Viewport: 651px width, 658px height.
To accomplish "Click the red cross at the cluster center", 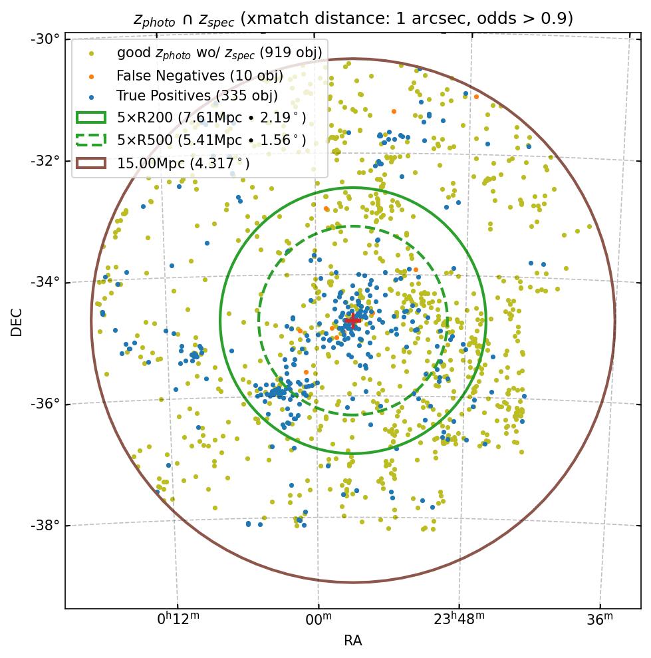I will pyautogui.click(x=352, y=321).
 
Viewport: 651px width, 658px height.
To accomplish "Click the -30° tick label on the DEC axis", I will pyautogui.click(x=45, y=39).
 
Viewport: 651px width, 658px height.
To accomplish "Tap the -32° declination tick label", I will pyautogui.click(x=45, y=160).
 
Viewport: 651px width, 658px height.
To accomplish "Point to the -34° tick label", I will pyautogui.click(x=45, y=282).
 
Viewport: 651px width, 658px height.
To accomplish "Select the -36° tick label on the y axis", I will pyautogui.click(x=45, y=404).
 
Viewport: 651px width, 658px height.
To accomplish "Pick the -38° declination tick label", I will pyautogui.click(x=45, y=526).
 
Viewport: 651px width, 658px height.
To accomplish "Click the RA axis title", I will pyautogui.click(x=352, y=641).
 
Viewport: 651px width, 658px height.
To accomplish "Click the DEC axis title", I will pyautogui.click(x=17, y=322).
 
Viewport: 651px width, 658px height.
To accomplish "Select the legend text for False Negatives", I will pyautogui.click(x=199, y=75).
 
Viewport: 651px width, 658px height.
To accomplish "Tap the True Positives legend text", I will pyautogui.click(x=197, y=96).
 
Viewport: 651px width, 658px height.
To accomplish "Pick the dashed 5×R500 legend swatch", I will pyautogui.click(x=91, y=140).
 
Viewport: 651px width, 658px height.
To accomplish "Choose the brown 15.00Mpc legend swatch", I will pyautogui.click(x=91, y=162).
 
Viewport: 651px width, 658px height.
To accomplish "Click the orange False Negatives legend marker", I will pyautogui.click(x=91, y=75).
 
